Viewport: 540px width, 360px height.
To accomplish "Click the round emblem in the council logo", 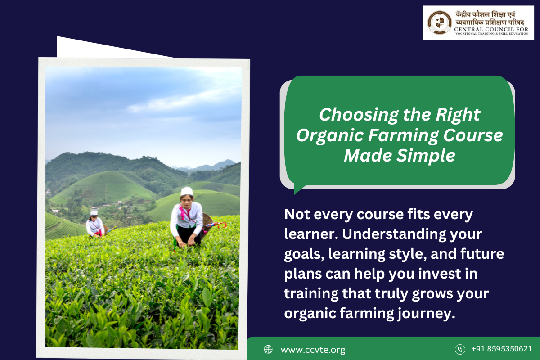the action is pyautogui.click(x=440, y=22).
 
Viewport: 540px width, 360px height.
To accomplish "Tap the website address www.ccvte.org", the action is pyautogui.click(x=313, y=349).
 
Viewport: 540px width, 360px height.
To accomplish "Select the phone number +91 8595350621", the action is pyautogui.click(x=501, y=349).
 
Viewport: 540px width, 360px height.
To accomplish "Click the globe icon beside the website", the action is pyautogui.click(x=268, y=349).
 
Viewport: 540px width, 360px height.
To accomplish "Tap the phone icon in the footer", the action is pyautogui.click(x=460, y=349).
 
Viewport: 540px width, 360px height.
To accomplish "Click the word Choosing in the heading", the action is pyautogui.click(x=359, y=115).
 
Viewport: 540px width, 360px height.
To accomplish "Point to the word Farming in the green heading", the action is pyautogui.click(x=403, y=136).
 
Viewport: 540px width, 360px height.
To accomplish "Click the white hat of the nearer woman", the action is pyautogui.click(x=187, y=191).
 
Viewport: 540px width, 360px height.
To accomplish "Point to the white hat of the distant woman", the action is pyautogui.click(x=94, y=213).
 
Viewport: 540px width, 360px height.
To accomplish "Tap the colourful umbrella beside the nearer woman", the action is pyautogui.click(x=215, y=225).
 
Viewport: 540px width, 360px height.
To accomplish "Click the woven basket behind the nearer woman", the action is pyautogui.click(x=207, y=224).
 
